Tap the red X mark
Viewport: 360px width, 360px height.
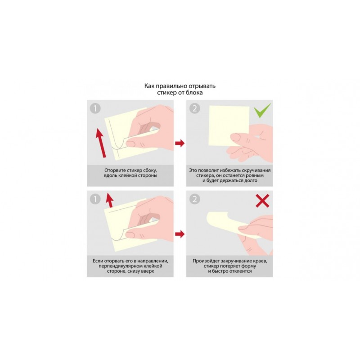coord(262,201)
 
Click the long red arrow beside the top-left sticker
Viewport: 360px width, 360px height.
coord(101,143)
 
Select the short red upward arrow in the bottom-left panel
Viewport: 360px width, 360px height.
coord(110,200)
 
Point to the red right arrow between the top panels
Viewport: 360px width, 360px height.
coord(180,143)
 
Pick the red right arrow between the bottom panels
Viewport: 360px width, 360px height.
coord(180,234)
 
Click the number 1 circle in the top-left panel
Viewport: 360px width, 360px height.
coord(95,108)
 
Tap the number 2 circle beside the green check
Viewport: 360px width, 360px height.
coord(195,108)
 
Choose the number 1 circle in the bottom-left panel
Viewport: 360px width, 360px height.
coord(95,199)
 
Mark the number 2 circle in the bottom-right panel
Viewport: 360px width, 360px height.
coord(195,199)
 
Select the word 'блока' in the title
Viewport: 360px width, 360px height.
coord(195,93)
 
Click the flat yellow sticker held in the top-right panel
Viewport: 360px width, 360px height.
coord(229,126)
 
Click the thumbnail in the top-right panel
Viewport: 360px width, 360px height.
coord(235,137)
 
